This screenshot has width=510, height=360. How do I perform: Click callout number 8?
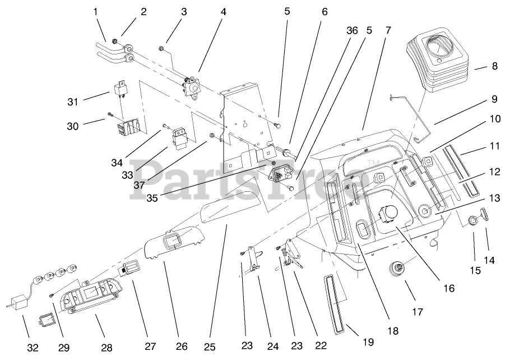pyautogui.click(x=494, y=66)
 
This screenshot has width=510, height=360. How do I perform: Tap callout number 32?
pyautogui.click(x=33, y=348)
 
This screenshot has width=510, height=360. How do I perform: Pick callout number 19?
pyautogui.click(x=368, y=341)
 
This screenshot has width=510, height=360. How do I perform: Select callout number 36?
pyautogui.click(x=351, y=30)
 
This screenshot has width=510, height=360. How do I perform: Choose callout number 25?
pyautogui.click(x=210, y=347)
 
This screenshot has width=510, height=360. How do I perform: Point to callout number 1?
pyautogui.click(x=95, y=11)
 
